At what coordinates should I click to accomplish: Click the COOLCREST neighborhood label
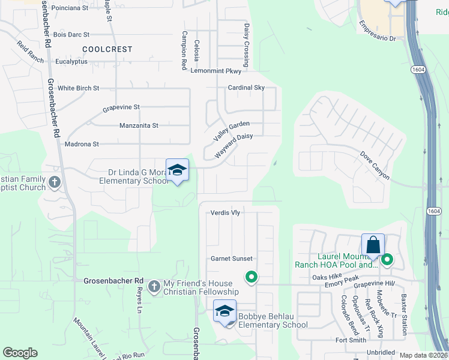point(107,49)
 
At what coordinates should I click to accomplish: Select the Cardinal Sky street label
point(246,88)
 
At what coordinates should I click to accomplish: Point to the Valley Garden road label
point(231,130)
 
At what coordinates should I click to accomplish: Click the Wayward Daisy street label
point(234,145)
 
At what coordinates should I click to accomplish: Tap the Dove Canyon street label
point(375,166)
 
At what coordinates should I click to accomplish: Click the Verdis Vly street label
point(225,212)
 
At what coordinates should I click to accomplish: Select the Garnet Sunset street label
point(231,259)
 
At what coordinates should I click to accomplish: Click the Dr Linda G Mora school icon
point(177,170)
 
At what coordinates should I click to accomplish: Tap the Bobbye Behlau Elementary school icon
point(225,311)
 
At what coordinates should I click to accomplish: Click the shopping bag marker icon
point(373,245)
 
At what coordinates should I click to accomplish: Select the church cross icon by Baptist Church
point(55,182)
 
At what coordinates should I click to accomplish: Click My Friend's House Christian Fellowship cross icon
point(154,286)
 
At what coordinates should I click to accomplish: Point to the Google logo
point(20,353)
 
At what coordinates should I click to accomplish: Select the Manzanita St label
point(139,125)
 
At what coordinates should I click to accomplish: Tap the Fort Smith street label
point(351,340)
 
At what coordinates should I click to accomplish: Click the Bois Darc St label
point(71,35)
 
